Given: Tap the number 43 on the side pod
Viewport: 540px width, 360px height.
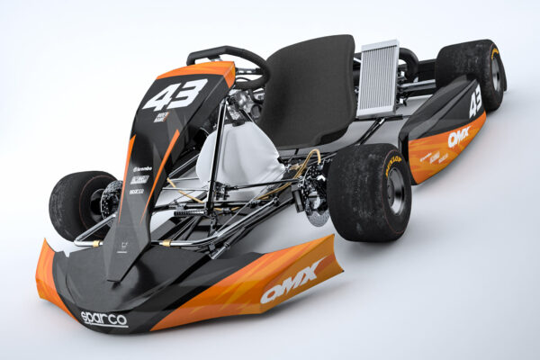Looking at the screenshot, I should (x=474, y=103).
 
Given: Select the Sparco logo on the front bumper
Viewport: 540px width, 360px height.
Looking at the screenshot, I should (x=103, y=318).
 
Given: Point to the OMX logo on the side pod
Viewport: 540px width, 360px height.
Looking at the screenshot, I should (x=458, y=137).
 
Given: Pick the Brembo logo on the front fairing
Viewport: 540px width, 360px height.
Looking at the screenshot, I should (x=141, y=168).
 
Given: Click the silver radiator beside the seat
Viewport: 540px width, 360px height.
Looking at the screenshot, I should (x=378, y=78).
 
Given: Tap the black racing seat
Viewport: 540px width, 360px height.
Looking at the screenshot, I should (x=315, y=90).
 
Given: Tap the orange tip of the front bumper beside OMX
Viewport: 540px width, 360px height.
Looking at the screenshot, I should (x=328, y=256).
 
